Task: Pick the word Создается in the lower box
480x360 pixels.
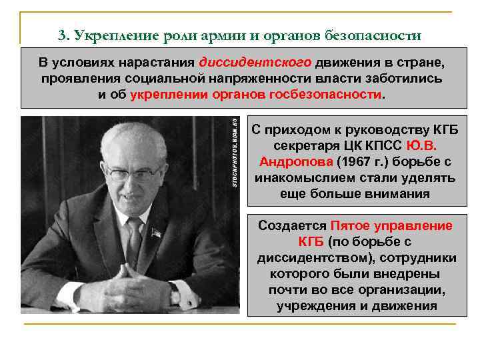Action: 292,226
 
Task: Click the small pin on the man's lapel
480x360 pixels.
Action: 156,233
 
